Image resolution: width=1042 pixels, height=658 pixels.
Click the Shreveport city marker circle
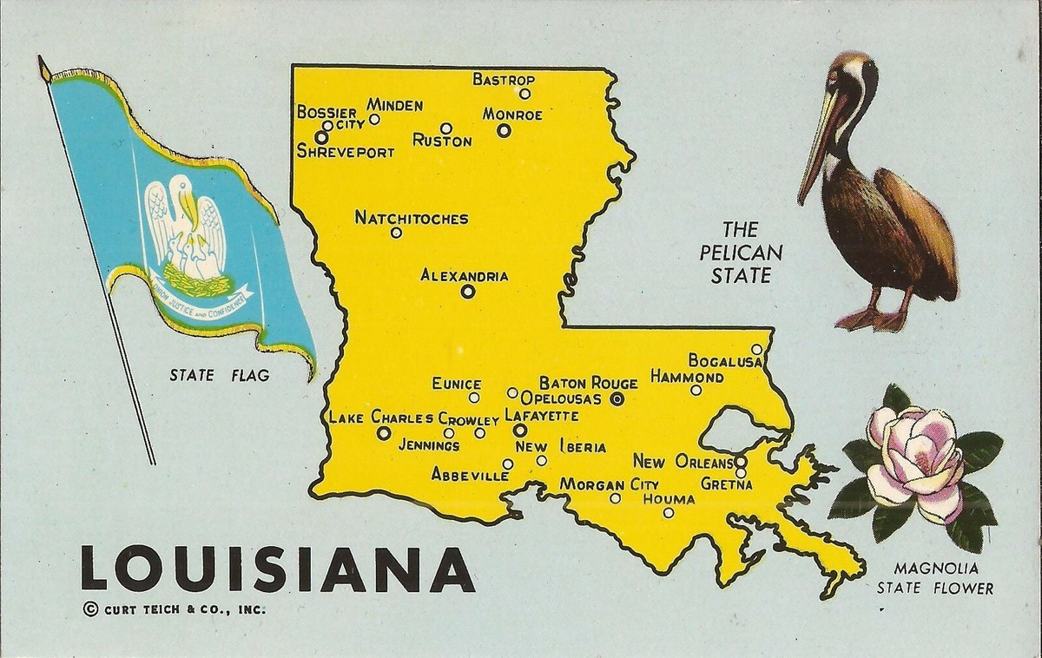coord(321,137)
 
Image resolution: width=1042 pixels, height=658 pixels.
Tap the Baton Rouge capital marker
coord(617,399)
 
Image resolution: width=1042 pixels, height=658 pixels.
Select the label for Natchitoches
coord(411,218)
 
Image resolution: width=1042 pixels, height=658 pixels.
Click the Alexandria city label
coord(464,276)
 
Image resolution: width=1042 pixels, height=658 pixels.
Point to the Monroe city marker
coord(504,130)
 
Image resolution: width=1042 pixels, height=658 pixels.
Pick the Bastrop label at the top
coord(503,79)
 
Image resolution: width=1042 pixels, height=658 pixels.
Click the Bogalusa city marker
coord(756,350)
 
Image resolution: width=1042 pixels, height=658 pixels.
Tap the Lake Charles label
coord(380,418)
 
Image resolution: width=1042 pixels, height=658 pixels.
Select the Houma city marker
coord(668,513)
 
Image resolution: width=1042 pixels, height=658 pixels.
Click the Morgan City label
coord(609,484)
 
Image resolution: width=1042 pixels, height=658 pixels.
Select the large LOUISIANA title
coord(278,568)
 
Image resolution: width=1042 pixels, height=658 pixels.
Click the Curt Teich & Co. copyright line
coord(174,609)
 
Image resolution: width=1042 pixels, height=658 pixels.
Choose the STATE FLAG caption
coord(219,376)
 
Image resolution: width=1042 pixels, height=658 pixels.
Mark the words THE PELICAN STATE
coord(741,253)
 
